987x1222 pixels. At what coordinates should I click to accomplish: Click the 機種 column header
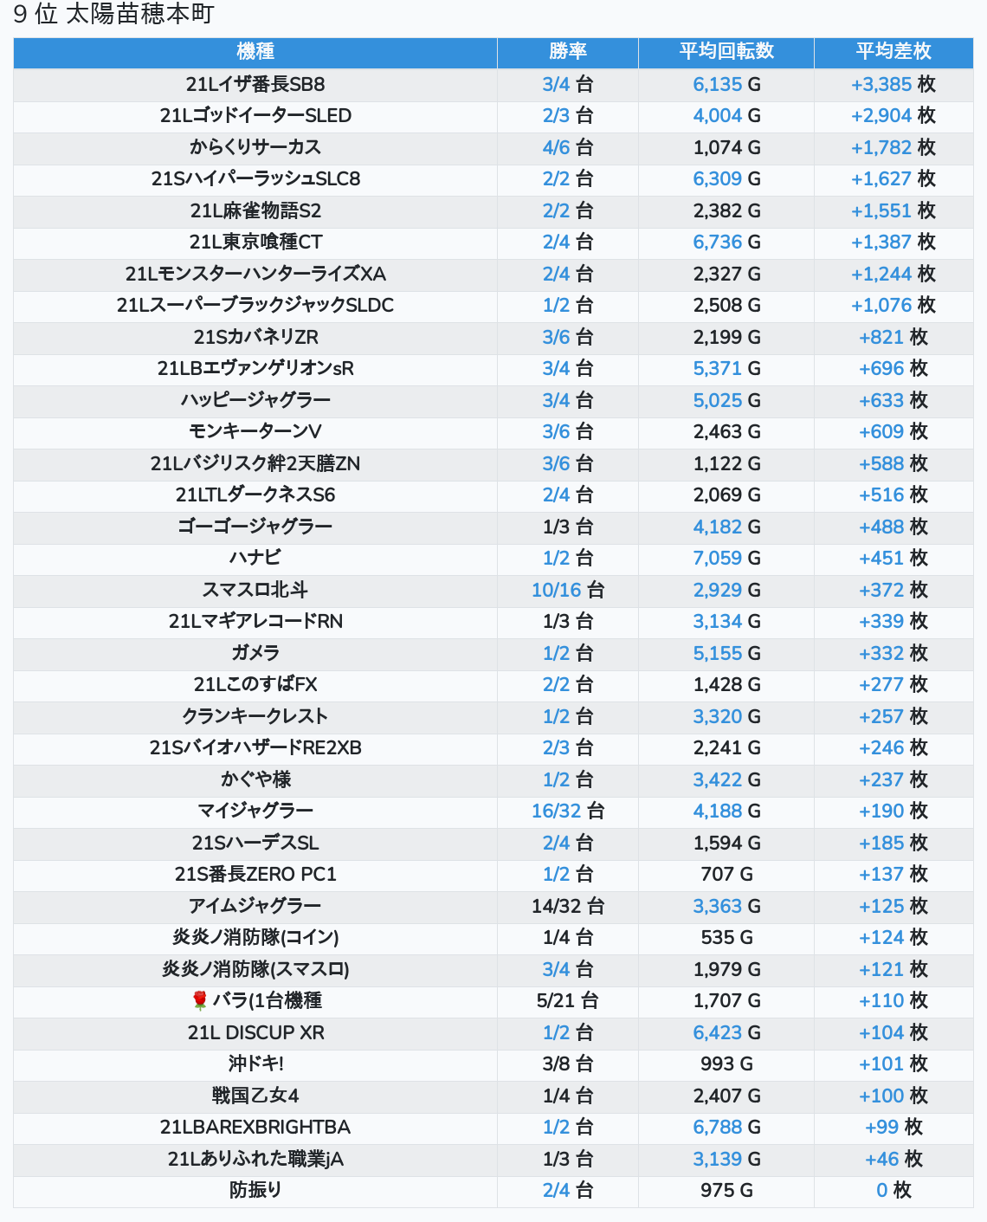pyautogui.click(x=255, y=52)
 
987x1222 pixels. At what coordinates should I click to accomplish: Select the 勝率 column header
pyautogui.click(x=567, y=52)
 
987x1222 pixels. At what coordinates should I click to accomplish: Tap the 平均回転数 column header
pyautogui.click(x=726, y=52)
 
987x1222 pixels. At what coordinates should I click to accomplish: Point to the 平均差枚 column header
pyautogui.click(x=893, y=52)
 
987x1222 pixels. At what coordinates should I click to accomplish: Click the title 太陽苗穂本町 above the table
pyautogui.click(x=140, y=15)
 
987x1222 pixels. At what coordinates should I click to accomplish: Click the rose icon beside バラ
pyautogui.click(x=200, y=1000)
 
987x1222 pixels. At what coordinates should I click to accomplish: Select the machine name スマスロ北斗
pyautogui.click(x=255, y=589)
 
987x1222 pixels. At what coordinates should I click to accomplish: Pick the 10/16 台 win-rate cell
pyautogui.click(x=567, y=589)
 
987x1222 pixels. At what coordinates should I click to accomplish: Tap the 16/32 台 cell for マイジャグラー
pyautogui.click(x=567, y=811)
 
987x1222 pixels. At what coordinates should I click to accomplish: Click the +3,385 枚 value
pyautogui.click(x=893, y=84)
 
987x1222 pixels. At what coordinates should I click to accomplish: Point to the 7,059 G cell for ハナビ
pyautogui.click(x=726, y=558)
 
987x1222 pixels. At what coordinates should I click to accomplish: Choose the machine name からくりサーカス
pyautogui.click(x=255, y=147)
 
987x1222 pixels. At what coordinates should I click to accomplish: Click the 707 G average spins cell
pyautogui.click(x=726, y=874)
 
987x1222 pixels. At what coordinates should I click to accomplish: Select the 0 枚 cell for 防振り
pyautogui.click(x=893, y=1190)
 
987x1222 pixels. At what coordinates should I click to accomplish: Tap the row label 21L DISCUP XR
pyautogui.click(x=255, y=1032)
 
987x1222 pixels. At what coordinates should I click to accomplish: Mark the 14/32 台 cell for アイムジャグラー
pyautogui.click(x=567, y=905)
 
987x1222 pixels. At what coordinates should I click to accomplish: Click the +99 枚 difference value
pyautogui.click(x=893, y=1127)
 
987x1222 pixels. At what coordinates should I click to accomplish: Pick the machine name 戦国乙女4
pyautogui.click(x=255, y=1096)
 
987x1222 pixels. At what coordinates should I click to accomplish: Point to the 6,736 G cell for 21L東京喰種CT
pyautogui.click(x=726, y=242)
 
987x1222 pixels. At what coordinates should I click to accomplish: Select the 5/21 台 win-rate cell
pyautogui.click(x=567, y=1000)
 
